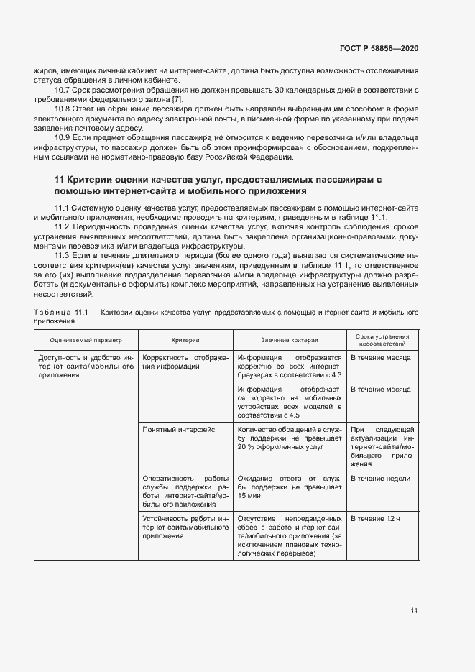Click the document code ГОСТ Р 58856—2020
point(379,48)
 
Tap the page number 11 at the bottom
point(414,611)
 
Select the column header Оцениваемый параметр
point(86,340)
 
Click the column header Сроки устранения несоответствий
point(382,340)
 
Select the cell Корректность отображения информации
point(185,362)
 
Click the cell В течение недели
point(380,478)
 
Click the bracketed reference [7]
point(177,98)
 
